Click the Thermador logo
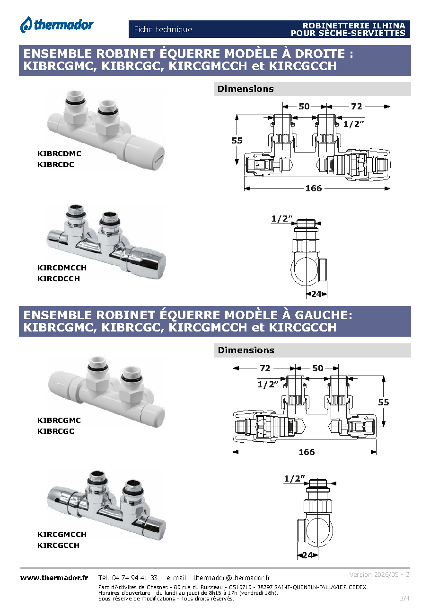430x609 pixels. click(57, 25)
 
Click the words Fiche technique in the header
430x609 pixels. click(163, 29)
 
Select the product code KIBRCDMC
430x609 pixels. click(59, 153)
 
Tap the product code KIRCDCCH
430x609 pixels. click(59, 278)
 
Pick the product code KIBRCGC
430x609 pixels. click(56, 431)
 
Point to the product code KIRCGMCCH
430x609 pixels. click(62, 534)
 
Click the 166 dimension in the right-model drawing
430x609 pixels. click(314, 188)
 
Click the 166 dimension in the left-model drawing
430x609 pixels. click(307, 452)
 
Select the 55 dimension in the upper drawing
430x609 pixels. click(237, 141)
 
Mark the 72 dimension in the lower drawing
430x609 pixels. click(265, 368)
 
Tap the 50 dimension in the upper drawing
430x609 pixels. click(304, 106)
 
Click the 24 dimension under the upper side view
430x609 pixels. click(316, 294)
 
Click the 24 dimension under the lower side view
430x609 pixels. click(307, 555)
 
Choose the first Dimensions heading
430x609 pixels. click(246, 89)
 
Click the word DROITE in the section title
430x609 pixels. click(320, 54)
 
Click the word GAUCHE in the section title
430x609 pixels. click(323, 315)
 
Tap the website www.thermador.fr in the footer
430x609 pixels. click(54, 578)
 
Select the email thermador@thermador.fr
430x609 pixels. click(232, 578)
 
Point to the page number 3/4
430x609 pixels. click(404, 598)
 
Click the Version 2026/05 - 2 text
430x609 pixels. click(379, 574)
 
